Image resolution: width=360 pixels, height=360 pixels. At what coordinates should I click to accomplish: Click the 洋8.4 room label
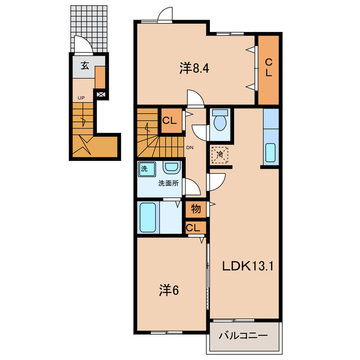194,68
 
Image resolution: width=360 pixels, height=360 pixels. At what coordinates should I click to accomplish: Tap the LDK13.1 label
248,267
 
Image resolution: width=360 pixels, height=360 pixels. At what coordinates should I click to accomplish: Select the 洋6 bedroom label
169,290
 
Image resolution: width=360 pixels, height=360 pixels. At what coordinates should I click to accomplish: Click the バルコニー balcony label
243,336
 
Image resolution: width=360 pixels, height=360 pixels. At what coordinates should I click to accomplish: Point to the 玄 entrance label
84,66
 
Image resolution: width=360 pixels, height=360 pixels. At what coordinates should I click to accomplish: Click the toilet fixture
220,120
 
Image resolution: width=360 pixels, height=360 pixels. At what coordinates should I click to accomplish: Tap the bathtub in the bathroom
148,218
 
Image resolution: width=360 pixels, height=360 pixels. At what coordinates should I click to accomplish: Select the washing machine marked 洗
147,169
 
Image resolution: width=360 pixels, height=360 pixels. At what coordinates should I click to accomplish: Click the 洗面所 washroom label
168,183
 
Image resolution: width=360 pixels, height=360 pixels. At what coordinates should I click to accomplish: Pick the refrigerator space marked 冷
219,155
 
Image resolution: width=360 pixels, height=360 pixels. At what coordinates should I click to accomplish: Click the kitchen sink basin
271,152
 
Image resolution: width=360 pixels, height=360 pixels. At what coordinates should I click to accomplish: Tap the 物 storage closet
196,209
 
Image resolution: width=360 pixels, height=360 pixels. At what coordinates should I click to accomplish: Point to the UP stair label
81,98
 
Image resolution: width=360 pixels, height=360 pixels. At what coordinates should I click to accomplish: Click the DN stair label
190,147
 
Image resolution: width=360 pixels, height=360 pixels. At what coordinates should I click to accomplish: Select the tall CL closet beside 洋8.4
268,70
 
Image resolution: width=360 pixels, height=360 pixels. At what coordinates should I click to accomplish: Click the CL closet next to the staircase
171,120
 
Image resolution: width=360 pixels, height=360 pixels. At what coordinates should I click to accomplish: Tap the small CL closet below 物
196,228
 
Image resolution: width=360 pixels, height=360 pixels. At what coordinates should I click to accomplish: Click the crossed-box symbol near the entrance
101,94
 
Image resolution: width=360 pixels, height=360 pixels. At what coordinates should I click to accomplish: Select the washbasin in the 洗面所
170,167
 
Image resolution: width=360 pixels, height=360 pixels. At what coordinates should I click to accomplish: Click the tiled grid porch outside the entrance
89,29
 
